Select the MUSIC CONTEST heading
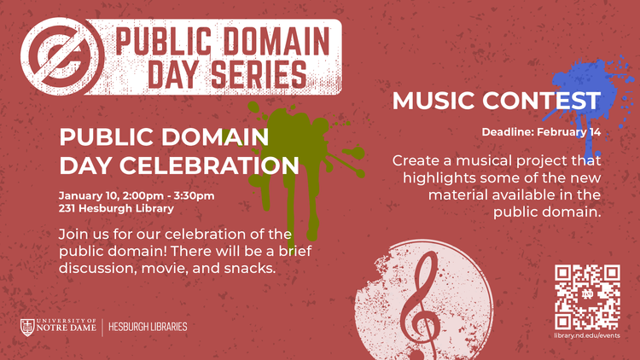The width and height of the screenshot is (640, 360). [x=496, y=102]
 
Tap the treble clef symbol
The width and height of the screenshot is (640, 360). [x=421, y=298]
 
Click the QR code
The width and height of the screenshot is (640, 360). [x=587, y=297]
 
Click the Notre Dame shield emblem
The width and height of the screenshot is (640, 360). [x=28, y=327]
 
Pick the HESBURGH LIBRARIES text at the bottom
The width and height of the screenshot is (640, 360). [x=148, y=327]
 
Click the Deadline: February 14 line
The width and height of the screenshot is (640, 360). [x=542, y=133]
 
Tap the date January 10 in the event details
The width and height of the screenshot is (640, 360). [x=87, y=195]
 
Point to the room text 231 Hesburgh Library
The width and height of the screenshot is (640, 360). [x=116, y=208]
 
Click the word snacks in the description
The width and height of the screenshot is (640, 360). [x=252, y=267]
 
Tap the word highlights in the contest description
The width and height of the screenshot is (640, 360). [x=442, y=177]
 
